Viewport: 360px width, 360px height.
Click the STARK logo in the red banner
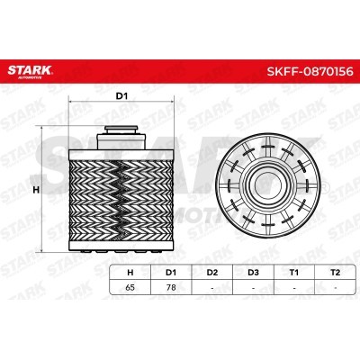(x=30, y=71)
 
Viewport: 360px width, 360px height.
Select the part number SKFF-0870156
(x=310, y=72)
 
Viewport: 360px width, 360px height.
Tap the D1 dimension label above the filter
(x=121, y=96)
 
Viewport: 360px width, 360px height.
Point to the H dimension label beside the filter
(x=36, y=190)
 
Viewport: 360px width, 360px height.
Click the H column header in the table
(x=130, y=273)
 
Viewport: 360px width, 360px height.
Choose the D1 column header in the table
(x=171, y=273)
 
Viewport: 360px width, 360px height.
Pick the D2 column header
(x=212, y=273)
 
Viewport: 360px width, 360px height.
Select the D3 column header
(x=253, y=273)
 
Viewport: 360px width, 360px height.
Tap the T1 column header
(x=294, y=273)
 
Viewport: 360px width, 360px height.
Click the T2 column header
(x=335, y=273)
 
